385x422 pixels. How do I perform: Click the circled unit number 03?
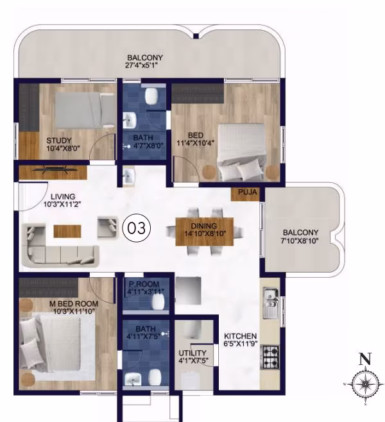click(137, 228)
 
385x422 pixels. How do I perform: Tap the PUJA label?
click(248, 192)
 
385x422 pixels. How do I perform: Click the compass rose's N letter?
click(365, 359)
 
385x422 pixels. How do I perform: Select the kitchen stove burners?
click(269, 357)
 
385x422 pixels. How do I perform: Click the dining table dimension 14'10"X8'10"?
click(205, 233)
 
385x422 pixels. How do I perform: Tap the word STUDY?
click(59, 140)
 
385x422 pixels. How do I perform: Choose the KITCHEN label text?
click(241, 336)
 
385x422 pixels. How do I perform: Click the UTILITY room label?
click(193, 353)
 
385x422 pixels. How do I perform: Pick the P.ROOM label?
click(144, 284)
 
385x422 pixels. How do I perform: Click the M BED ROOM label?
click(74, 304)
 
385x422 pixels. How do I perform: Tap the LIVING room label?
click(63, 197)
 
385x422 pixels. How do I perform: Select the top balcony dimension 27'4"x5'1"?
click(141, 65)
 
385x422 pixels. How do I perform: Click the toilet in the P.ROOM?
click(158, 301)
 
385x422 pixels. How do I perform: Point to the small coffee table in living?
click(67, 231)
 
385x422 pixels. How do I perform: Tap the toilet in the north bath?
click(151, 96)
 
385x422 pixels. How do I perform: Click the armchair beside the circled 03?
click(108, 227)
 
